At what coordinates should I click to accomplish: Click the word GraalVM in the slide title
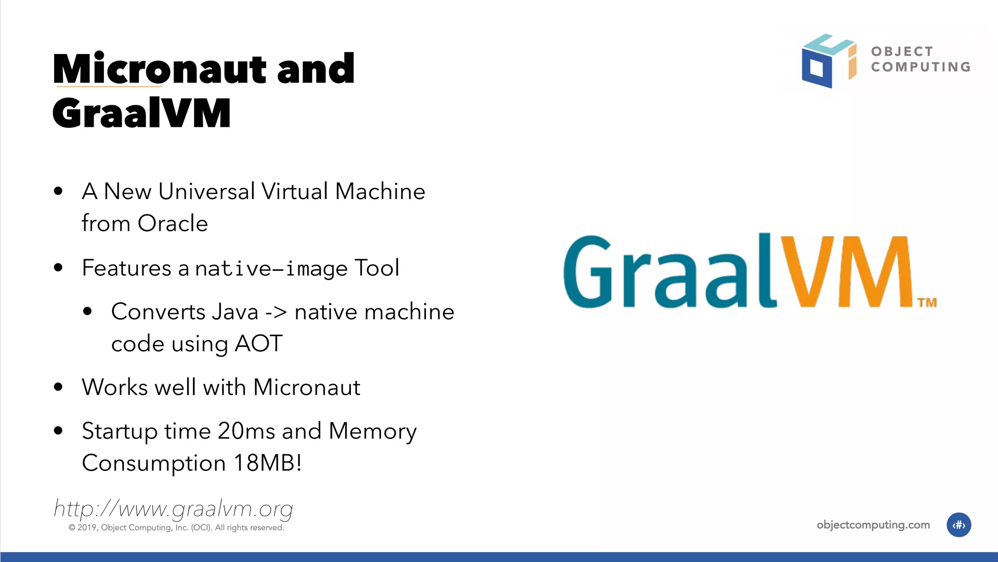point(141,113)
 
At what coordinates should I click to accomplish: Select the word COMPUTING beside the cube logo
point(921,67)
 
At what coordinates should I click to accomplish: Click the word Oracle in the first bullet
point(173,223)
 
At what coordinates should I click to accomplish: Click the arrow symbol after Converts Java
point(276,312)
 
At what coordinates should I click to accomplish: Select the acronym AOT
point(258,343)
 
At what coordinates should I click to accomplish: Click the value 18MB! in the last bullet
point(268,463)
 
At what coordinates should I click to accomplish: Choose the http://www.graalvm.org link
point(173,509)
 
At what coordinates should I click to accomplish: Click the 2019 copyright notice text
point(176,528)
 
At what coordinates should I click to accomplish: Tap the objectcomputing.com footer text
point(873,525)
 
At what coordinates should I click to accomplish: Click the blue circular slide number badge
point(959,525)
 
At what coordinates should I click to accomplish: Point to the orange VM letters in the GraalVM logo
point(845,271)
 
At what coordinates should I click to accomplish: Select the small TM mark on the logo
point(927,303)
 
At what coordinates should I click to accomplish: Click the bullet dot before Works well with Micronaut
point(58,387)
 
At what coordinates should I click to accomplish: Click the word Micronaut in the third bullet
point(307,387)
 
